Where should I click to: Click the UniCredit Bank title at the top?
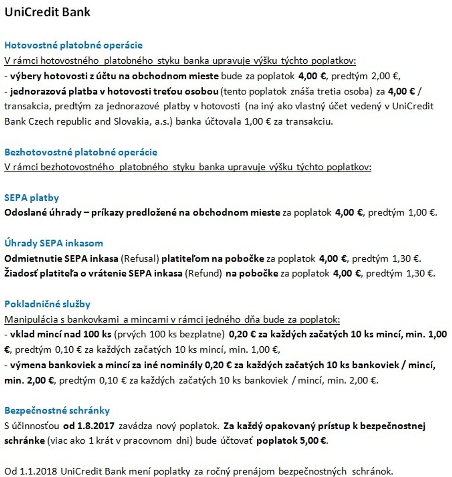47,12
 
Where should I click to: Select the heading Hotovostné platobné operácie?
73,45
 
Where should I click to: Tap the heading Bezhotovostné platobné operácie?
81,152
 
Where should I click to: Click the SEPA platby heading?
31,197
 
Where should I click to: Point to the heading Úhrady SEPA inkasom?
53,243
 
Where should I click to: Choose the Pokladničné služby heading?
47,304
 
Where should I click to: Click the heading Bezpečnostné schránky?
57,411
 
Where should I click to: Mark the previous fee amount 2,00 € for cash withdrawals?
385,76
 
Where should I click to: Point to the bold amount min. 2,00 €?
30,380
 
